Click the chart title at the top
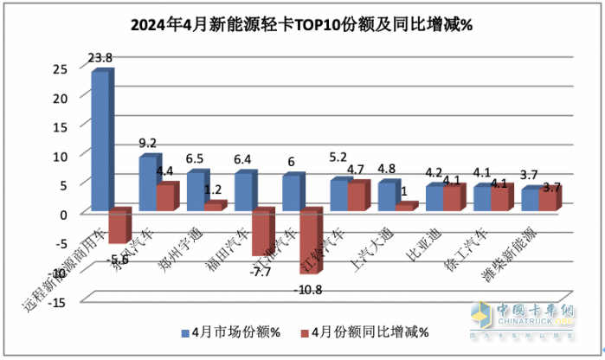301,24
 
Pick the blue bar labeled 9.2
148,184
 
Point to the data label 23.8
100,58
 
